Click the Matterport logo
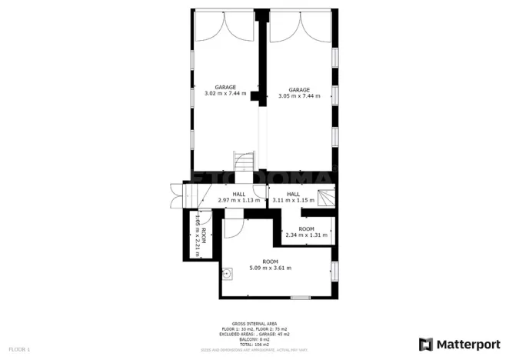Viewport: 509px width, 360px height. (458, 343)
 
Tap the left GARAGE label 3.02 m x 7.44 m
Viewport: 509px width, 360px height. (225, 90)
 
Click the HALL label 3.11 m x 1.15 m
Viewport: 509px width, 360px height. (293, 197)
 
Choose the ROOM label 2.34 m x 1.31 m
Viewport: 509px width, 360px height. (306, 232)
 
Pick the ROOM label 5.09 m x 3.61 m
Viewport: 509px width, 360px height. (270, 265)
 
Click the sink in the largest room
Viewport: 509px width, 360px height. (228, 272)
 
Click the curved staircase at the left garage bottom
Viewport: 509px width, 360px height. (245, 162)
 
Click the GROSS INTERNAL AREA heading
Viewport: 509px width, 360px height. (254, 324)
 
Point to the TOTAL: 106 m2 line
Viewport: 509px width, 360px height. (254, 345)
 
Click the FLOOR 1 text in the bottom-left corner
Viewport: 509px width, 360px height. (19, 350)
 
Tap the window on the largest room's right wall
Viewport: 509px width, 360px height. (334, 271)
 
